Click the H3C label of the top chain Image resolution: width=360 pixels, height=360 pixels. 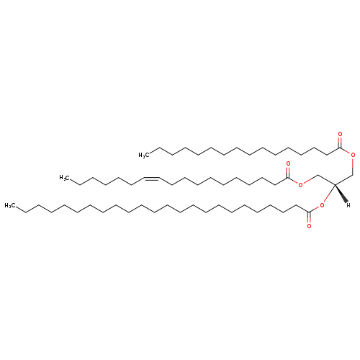point(144,156)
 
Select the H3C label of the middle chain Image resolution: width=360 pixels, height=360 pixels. point(65,178)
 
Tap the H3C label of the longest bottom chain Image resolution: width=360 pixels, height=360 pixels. point(10,205)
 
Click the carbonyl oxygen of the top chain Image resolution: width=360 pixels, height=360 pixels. point(340,134)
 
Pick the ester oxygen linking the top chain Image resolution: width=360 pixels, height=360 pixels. point(353,155)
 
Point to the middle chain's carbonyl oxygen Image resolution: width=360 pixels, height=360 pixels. point(288,163)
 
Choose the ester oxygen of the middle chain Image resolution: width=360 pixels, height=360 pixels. point(300,185)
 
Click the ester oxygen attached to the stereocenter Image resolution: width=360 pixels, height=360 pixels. point(322,205)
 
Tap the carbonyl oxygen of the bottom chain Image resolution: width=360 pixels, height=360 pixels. point(309,226)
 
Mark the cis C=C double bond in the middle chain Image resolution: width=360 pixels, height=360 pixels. point(152,179)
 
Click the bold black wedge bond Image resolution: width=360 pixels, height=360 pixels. point(341,194)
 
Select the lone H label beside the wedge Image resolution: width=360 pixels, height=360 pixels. point(348,205)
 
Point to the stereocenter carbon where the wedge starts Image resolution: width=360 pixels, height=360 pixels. point(335,185)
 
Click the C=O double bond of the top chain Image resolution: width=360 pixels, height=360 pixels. point(340,142)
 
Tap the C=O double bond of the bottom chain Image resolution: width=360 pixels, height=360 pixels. point(309,217)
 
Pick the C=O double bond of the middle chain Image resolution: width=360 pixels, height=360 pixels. point(288,172)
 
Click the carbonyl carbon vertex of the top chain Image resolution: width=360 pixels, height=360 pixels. point(340,148)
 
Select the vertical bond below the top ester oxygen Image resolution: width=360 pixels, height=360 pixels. point(353,166)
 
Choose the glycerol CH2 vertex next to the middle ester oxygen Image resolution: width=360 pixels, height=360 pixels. point(317,175)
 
